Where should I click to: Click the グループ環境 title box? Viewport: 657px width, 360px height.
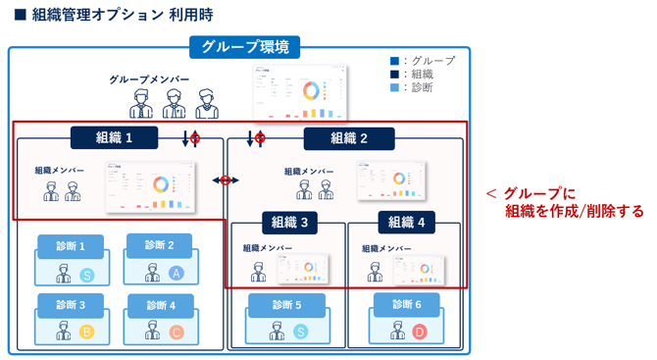pos(238,47)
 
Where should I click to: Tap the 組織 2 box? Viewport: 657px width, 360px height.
pos(348,138)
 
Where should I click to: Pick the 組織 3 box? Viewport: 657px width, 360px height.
pos(289,223)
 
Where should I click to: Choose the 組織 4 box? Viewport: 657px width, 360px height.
pos(406,223)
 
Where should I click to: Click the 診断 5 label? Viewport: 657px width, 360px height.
pos(286,305)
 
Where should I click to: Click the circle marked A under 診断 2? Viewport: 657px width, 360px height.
pos(177,274)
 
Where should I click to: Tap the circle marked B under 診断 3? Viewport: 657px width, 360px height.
pos(86,333)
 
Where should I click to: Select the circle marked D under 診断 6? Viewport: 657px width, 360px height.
pos(420,333)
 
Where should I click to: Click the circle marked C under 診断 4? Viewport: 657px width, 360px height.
pos(177,333)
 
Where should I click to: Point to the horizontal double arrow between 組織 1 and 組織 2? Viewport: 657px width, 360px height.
pos(226,180)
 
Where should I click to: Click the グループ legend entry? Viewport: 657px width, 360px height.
pos(422,61)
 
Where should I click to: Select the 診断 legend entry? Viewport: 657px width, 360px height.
pos(416,87)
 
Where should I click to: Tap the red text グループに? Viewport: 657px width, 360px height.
pos(538,193)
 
